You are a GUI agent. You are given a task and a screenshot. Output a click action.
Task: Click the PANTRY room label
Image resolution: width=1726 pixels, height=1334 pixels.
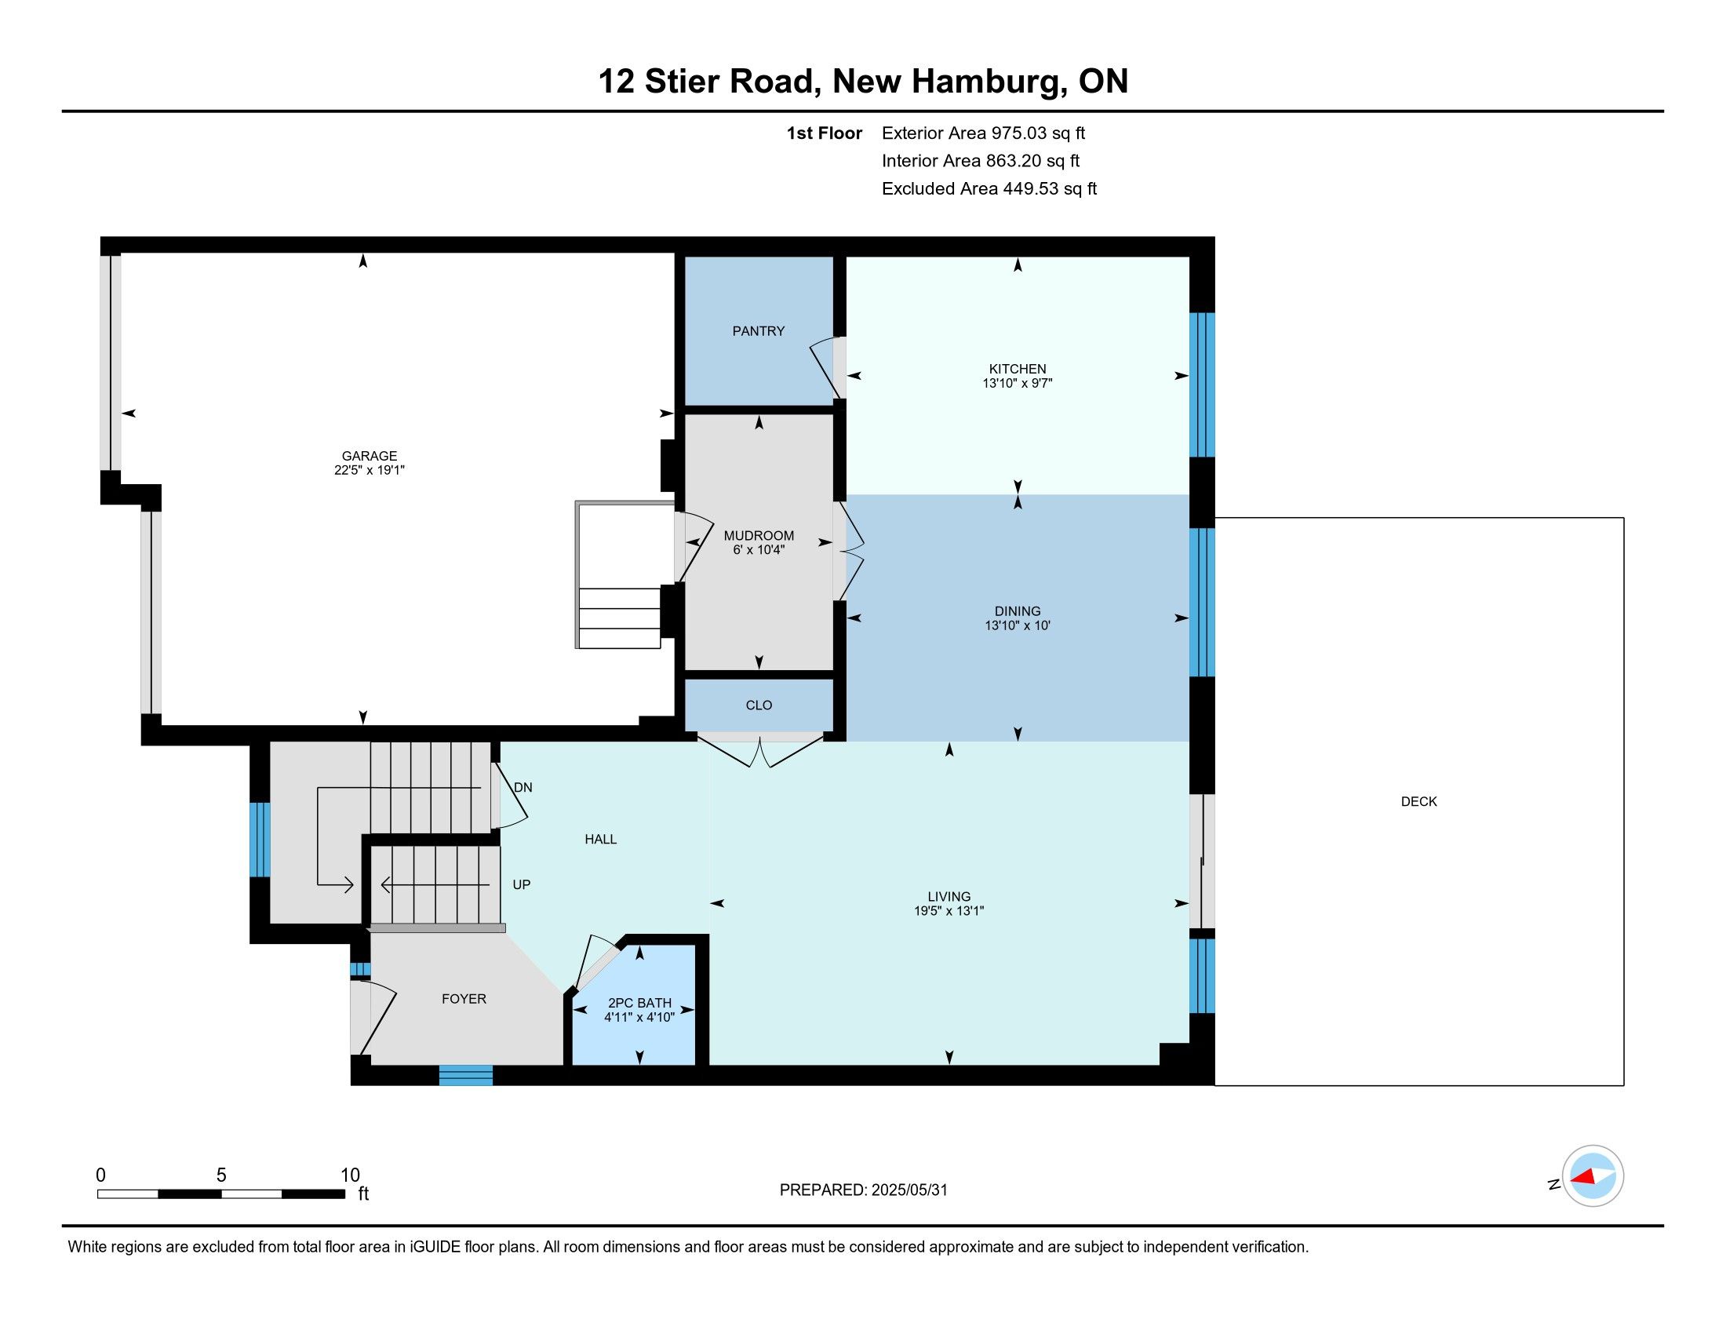point(758,331)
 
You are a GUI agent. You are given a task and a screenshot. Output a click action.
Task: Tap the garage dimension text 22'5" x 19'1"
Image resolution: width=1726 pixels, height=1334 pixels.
point(369,470)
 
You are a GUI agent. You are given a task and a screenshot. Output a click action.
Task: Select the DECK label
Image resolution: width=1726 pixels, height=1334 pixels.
point(1418,801)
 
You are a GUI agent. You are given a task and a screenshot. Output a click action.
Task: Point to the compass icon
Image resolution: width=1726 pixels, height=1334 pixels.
point(1593,1176)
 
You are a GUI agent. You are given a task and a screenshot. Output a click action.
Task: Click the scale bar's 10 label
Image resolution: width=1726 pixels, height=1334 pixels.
point(350,1175)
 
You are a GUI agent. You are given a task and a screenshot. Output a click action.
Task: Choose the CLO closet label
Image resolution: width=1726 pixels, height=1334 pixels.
point(759,705)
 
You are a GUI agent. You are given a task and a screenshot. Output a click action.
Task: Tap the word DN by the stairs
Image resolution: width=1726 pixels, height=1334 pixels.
point(523,787)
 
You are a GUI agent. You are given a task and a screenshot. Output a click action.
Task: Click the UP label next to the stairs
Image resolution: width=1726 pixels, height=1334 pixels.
point(522,884)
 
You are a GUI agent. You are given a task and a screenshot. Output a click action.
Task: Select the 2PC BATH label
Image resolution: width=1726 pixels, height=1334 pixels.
point(639,1003)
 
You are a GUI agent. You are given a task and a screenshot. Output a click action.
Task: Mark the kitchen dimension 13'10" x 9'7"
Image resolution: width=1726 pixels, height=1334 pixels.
point(1017,383)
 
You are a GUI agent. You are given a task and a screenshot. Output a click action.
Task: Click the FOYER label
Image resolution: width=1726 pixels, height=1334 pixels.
point(464,999)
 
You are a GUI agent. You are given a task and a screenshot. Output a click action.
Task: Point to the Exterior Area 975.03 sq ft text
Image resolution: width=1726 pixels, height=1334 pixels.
point(984,133)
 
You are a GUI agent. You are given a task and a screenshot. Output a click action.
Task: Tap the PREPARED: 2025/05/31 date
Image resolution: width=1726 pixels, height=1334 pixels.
point(863,1190)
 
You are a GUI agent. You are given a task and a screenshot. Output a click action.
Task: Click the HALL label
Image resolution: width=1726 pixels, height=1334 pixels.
point(601,840)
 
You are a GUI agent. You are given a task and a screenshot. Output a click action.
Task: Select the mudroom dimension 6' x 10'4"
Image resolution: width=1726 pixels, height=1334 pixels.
point(759,550)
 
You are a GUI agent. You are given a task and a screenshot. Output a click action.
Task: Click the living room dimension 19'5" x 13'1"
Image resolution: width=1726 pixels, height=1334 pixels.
point(949,910)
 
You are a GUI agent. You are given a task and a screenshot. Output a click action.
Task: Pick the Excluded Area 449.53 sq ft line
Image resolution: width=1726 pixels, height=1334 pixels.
point(989,188)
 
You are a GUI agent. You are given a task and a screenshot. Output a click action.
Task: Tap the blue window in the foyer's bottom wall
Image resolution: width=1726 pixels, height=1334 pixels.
point(465,1075)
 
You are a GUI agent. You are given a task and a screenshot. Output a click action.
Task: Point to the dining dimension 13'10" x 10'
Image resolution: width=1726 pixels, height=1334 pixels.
point(1017,625)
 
